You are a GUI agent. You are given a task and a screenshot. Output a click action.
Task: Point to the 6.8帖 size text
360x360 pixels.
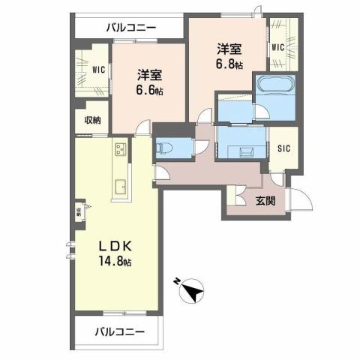tap(230, 64)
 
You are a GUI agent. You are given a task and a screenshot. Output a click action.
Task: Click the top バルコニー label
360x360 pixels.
tap(130, 28)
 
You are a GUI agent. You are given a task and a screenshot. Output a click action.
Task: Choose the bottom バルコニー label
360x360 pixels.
tap(119, 331)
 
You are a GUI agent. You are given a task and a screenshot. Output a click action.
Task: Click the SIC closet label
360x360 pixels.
tap(284, 148)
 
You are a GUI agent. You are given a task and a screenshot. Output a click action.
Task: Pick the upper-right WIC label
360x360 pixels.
tap(278, 47)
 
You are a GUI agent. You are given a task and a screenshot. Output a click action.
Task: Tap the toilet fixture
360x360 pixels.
tap(166, 147)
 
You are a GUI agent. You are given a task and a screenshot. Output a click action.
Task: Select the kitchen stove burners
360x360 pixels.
tap(121, 150)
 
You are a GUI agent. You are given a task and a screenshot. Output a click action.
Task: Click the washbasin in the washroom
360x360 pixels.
tap(245, 151)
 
